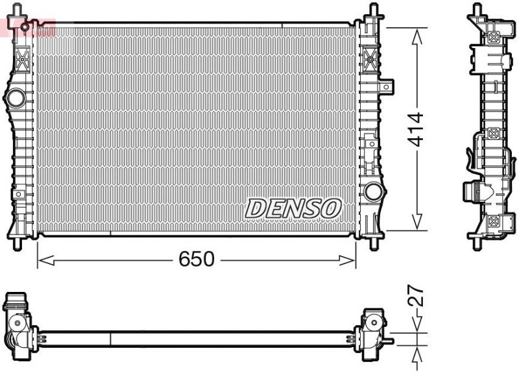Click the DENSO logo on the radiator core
pyautogui.click(x=293, y=208)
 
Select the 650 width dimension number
pyautogui.click(x=196, y=260)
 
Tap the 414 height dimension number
pyautogui.click(x=416, y=129)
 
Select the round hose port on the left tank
pyautogui.click(x=15, y=98)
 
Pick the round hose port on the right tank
pyautogui.click(x=372, y=191)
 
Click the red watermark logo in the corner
pyautogui.click(x=26, y=27)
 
